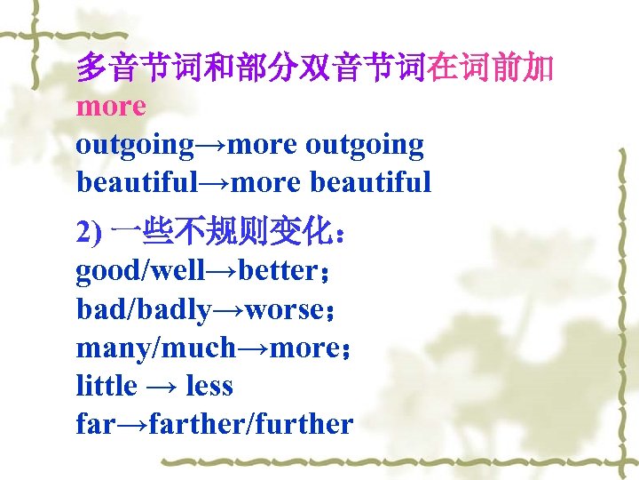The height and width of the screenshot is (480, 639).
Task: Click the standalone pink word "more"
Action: click(111, 107)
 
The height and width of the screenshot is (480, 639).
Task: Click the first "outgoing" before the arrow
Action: click(135, 144)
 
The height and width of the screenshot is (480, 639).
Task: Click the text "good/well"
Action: click(138, 270)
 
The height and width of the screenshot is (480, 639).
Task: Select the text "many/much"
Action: click(156, 348)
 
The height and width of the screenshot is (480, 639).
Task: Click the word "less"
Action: click(209, 386)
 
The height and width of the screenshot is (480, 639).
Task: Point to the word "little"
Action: click(106, 386)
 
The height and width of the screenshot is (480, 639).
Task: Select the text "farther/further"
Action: click(251, 424)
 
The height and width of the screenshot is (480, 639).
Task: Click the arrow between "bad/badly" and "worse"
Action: click(226, 309)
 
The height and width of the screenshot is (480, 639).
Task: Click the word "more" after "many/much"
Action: click(302, 348)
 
